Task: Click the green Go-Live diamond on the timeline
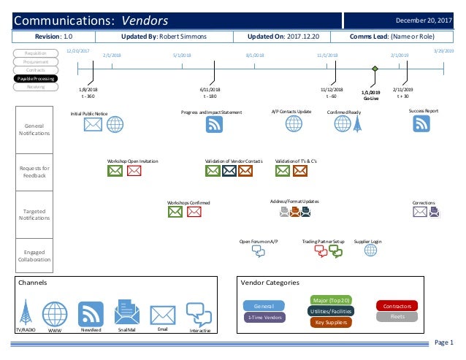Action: [x=375, y=69]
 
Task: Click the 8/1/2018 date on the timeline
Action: [x=254, y=55]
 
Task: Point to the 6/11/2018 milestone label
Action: [x=210, y=88]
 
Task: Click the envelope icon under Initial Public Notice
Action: [x=93, y=124]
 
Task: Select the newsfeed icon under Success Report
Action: [x=422, y=123]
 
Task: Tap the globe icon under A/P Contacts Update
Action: [x=294, y=123]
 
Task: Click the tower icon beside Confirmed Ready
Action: [x=357, y=124]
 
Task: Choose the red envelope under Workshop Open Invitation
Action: [x=134, y=171]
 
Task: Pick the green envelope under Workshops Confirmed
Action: [x=175, y=212]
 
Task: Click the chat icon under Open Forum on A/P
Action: [x=258, y=250]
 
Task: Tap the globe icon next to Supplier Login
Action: [x=370, y=250]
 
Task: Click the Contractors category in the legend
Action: [x=397, y=305]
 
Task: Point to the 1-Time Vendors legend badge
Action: [x=264, y=317]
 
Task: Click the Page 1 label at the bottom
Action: [x=443, y=343]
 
